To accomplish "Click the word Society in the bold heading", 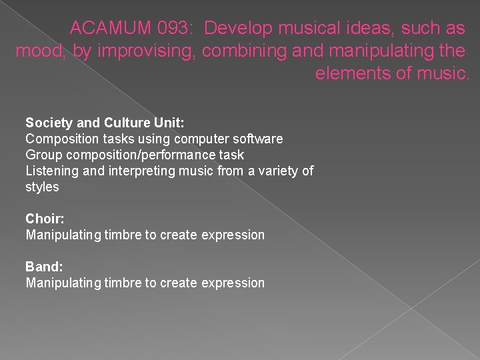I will click(48, 123).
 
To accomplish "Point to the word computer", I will click(199, 139).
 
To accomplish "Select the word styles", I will click(42, 187).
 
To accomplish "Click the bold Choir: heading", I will click(45, 219).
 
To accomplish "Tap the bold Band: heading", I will click(44, 267).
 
